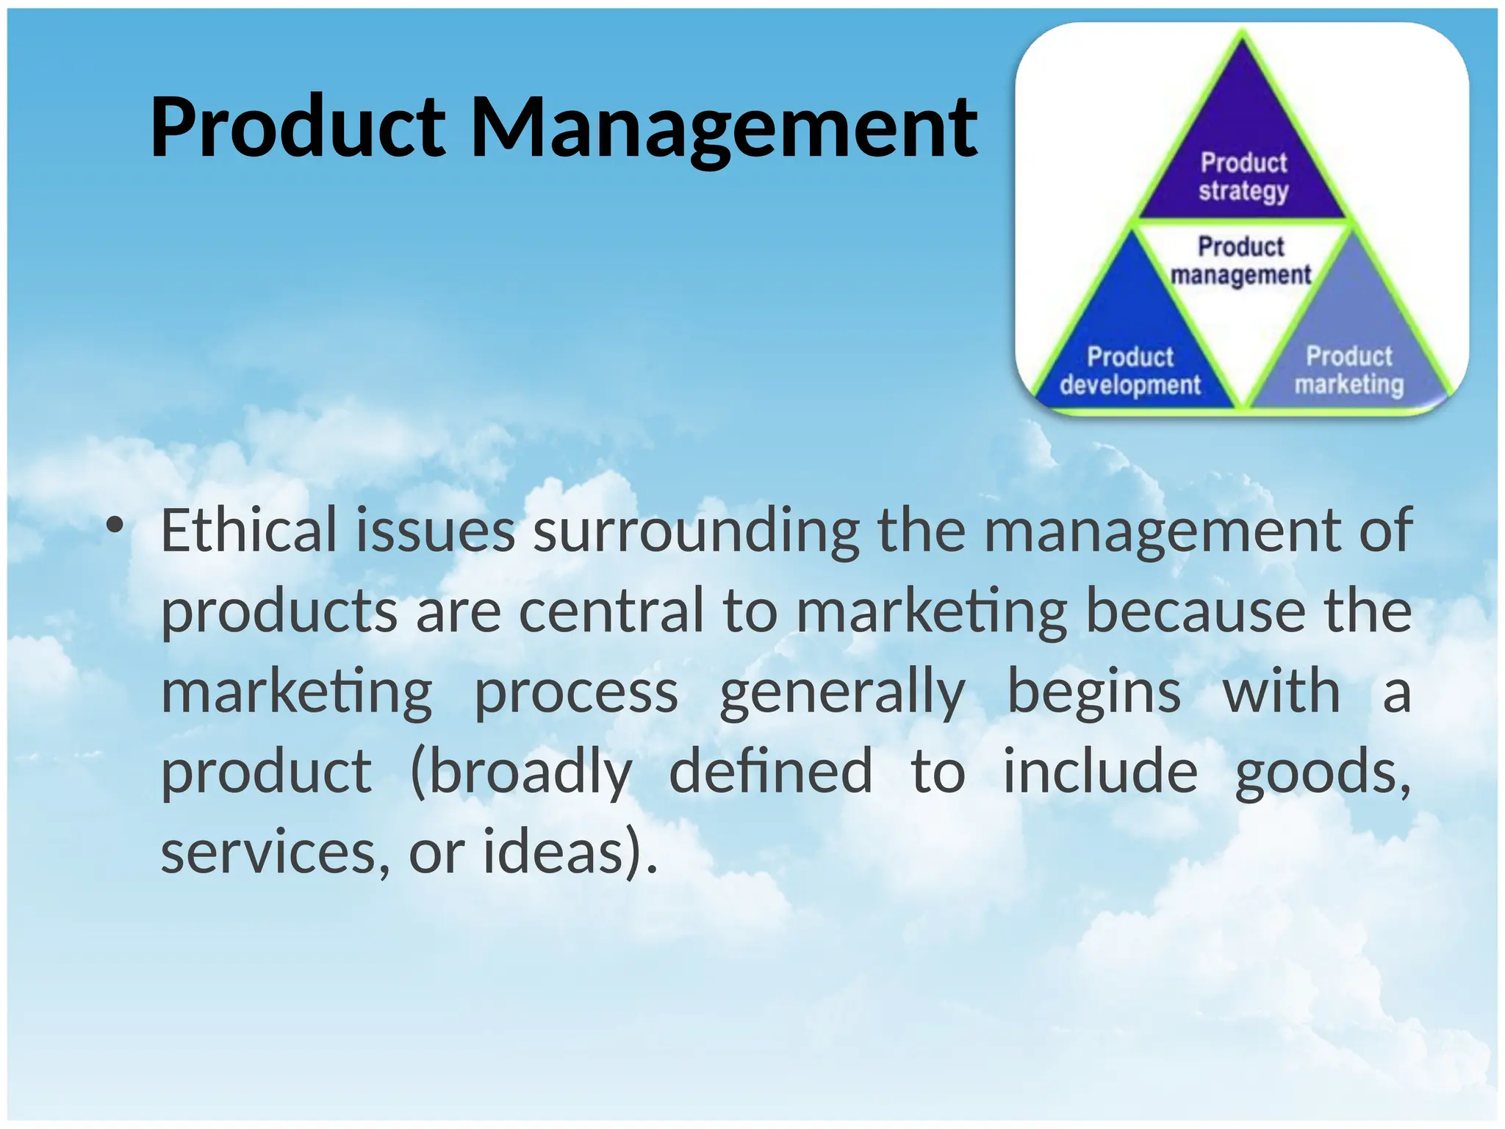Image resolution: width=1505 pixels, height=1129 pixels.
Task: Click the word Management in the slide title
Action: pyautogui.click(x=724, y=129)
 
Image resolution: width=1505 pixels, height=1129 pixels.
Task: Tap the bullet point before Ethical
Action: pyautogui.click(x=115, y=526)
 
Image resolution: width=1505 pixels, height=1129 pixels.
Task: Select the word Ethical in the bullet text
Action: pyautogui.click(x=248, y=531)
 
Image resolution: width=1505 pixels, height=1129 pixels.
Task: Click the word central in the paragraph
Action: pyautogui.click(x=611, y=612)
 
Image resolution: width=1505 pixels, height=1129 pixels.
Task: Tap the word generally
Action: pyautogui.click(x=842, y=693)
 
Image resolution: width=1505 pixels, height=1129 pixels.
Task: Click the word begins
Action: pyautogui.click(x=1093, y=693)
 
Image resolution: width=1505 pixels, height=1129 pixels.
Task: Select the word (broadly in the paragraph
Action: pyautogui.click(x=521, y=773)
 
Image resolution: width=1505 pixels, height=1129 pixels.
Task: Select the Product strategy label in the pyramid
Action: pyautogui.click(x=1243, y=176)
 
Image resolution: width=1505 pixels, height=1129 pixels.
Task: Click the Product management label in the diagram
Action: pyautogui.click(x=1240, y=260)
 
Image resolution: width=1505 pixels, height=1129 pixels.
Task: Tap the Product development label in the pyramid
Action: pyautogui.click(x=1130, y=371)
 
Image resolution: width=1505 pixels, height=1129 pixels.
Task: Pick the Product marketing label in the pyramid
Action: pyautogui.click(x=1348, y=370)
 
